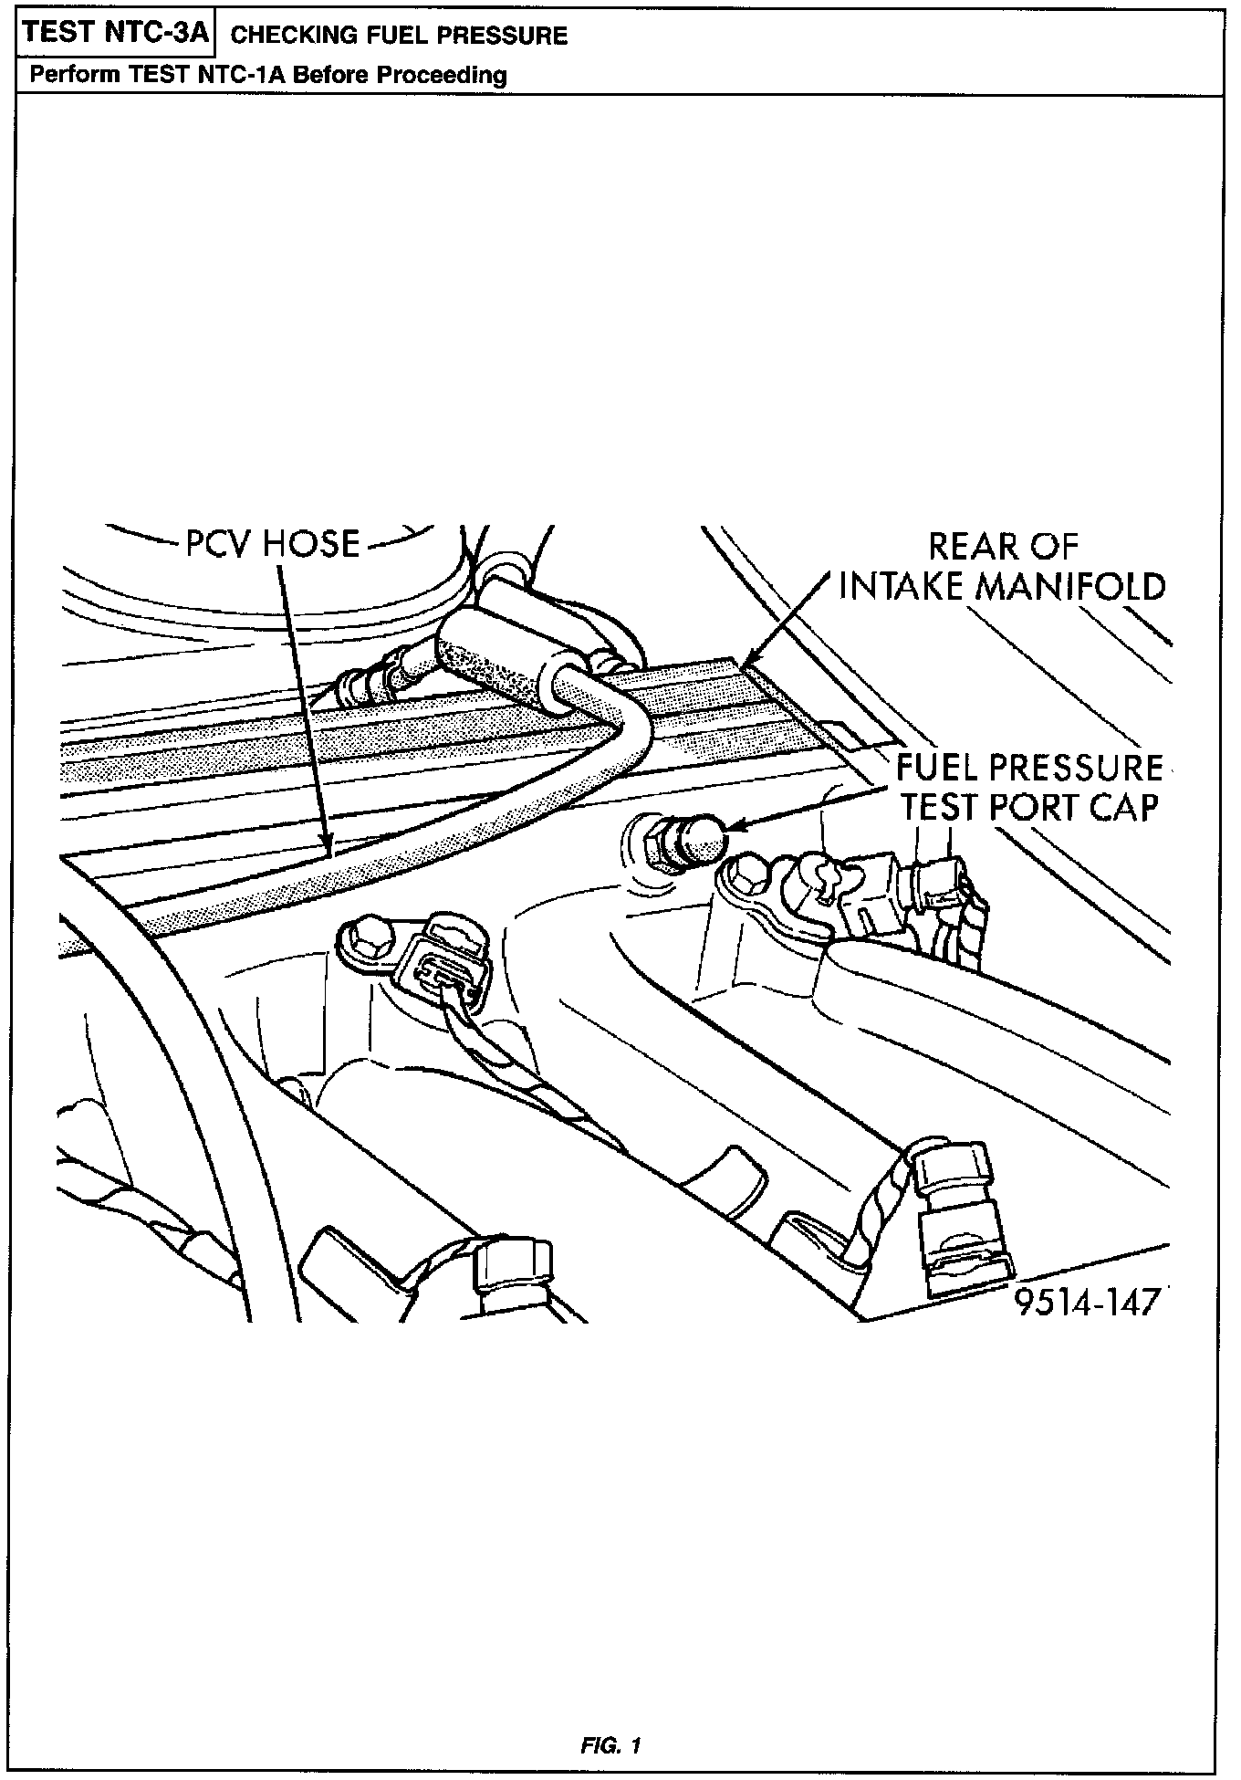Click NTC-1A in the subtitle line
pos(242,75)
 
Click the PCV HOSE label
pos(273,544)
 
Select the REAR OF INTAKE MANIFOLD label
pos(1002,566)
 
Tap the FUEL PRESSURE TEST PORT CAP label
pos(1028,787)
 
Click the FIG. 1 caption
pos(610,1745)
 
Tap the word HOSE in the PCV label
pos(312,544)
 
